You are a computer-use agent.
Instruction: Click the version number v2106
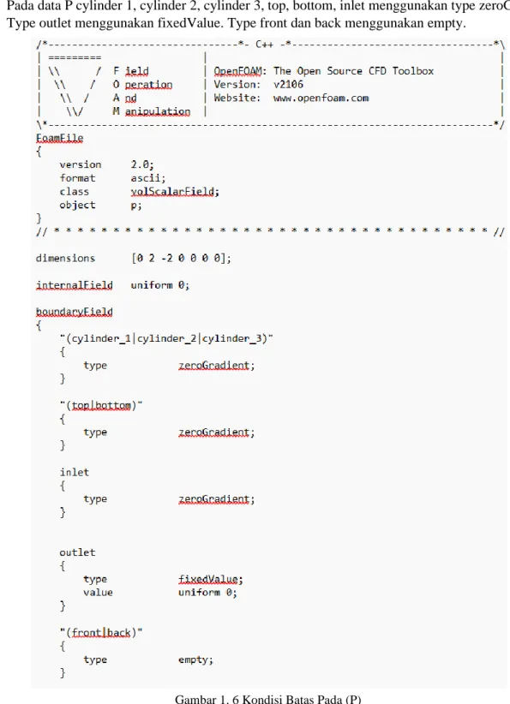(x=288, y=85)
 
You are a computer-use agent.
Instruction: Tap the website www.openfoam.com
(x=321, y=98)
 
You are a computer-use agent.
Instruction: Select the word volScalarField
(x=174, y=192)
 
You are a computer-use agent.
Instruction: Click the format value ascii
(x=147, y=178)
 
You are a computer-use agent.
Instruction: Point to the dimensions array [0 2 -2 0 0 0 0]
(x=181, y=258)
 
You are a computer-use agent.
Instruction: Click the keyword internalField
(x=74, y=285)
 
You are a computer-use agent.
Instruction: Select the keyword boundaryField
(x=74, y=312)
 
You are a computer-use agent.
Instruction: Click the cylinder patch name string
(x=166, y=338)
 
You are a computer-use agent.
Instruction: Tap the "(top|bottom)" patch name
(x=101, y=405)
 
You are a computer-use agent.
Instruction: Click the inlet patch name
(x=74, y=472)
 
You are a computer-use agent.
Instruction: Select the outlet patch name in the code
(x=77, y=552)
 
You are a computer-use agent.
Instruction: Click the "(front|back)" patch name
(x=101, y=633)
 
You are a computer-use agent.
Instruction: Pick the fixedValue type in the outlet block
(x=210, y=579)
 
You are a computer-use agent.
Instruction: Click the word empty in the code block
(x=195, y=659)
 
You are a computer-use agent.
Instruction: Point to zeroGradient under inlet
(x=216, y=498)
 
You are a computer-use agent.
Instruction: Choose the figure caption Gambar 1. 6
(x=267, y=699)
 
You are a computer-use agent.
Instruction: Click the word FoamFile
(x=59, y=138)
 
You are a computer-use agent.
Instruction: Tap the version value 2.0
(x=142, y=164)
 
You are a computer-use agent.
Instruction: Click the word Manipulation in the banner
(x=152, y=111)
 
